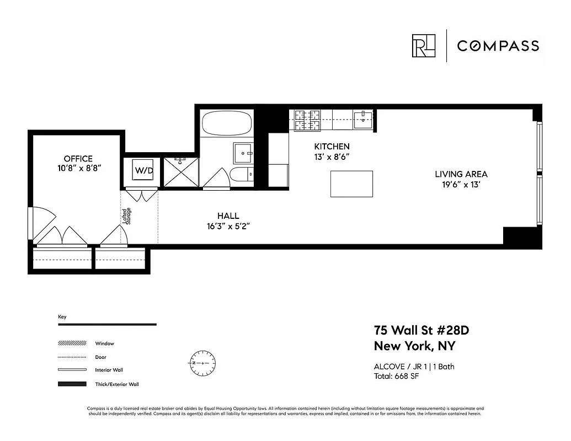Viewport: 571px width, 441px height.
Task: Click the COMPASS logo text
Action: click(x=498, y=46)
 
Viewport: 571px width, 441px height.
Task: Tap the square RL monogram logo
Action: click(x=424, y=46)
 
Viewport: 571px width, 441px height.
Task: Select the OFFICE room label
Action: click(x=78, y=159)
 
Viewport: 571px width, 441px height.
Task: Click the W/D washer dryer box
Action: click(x=143, y=171)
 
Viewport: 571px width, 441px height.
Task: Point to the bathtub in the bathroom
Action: click(x=225, y=123)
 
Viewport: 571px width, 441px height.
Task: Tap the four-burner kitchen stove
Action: click(x=307, y=120)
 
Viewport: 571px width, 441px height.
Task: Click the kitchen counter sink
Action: click(x=364, y=118)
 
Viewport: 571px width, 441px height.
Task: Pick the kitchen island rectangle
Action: click(x=351, y=184)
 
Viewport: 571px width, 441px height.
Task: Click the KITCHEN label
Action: click(x=332, y=147)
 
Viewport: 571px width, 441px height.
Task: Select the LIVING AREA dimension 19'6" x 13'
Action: click(x=461, y=185)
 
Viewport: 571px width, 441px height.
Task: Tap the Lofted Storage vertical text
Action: click(x=127, y=216)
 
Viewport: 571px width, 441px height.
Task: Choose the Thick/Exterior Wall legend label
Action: click(x=117, y=384)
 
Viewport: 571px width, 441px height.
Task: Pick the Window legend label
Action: click(x=105, y=343)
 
